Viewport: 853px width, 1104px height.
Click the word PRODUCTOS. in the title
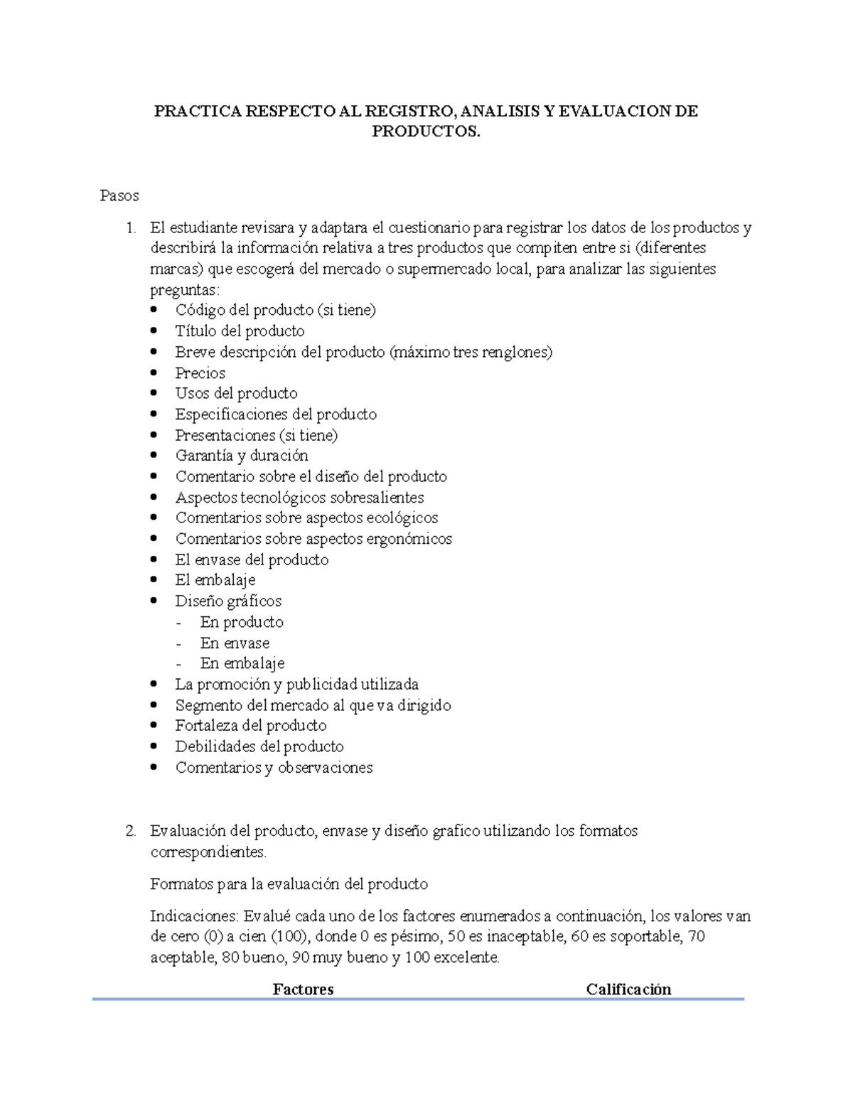point(426,132)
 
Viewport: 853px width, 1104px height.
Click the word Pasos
point(119,195)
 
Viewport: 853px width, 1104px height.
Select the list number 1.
point(129,228)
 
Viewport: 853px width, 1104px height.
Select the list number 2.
point(129,831)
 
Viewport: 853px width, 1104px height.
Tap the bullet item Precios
point(200,373)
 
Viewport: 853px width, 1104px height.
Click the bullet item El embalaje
point(215,580)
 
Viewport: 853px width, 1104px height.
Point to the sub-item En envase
point(235,643)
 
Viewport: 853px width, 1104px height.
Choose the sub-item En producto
point(242,622)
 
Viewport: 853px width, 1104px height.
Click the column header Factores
point(303,989)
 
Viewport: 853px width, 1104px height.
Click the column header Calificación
point(628,989)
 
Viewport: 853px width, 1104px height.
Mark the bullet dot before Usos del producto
point(156,394)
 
